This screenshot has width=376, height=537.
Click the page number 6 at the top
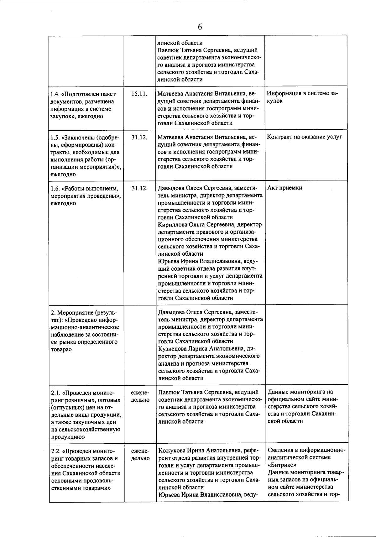[200, 27]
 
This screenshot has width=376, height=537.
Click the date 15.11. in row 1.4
[139, 94]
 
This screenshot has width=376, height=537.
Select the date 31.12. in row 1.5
[139, 137]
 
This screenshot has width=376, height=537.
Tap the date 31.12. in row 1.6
[139, 188]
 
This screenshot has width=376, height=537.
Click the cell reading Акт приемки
[285, 188]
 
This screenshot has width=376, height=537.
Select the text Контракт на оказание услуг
[305, 137]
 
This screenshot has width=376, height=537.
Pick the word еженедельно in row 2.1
[140, 396]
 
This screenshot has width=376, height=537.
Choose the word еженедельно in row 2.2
[140, 454]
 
